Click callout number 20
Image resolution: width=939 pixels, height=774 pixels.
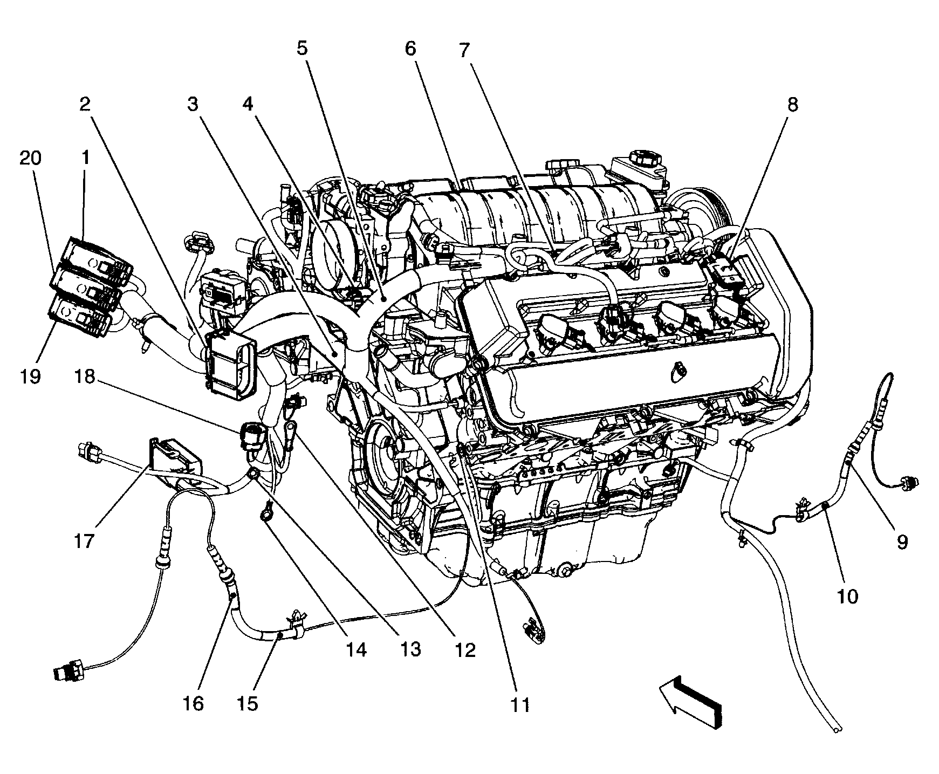[30, 159]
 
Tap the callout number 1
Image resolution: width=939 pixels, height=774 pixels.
[85, 158]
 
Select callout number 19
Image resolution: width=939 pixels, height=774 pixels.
[30, 376]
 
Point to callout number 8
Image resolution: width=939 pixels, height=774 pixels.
[792, 105]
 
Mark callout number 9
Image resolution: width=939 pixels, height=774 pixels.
[902, 542]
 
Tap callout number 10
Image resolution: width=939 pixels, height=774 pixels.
[847, 596]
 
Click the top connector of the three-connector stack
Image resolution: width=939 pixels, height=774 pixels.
[97, 262]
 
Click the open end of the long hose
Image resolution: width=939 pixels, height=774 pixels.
[835, 730]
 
